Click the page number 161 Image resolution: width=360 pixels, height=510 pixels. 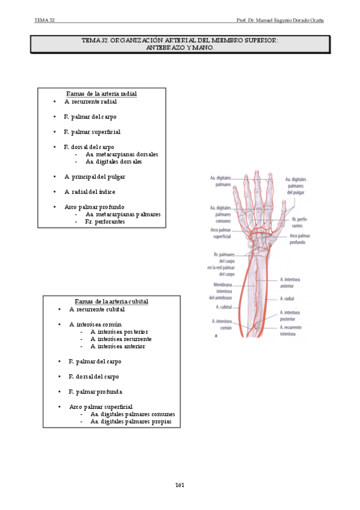(180, 485)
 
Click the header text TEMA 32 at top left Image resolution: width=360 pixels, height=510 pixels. (44, 20)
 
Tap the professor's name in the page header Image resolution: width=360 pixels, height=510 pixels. (280, 20)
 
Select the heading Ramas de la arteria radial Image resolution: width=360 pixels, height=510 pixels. (102, 94)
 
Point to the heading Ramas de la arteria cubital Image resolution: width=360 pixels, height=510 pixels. (111, 301)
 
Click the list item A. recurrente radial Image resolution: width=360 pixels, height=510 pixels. (90, 102)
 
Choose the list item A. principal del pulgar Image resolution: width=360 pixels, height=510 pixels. (94, 177)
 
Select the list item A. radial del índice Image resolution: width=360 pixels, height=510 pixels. (90, 192)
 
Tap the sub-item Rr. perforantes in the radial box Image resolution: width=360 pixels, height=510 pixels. (105, 221)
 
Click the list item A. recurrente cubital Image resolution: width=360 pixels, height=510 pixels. (97, 309)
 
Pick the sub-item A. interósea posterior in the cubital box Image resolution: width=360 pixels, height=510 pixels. (119, 332)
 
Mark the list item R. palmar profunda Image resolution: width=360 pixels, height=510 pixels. (96, 392)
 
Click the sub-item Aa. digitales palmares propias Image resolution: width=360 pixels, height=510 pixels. (131, 422)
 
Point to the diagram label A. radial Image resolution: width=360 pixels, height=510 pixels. (287, 298)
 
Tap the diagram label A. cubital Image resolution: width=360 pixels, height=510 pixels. (224, 307)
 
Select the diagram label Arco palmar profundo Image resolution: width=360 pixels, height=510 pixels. (299, 239)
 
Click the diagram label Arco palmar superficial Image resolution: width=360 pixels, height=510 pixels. (221, 233)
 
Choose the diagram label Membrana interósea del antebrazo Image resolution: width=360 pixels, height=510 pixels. (221, 291)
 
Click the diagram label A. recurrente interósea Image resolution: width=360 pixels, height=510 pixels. (290, 330)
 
